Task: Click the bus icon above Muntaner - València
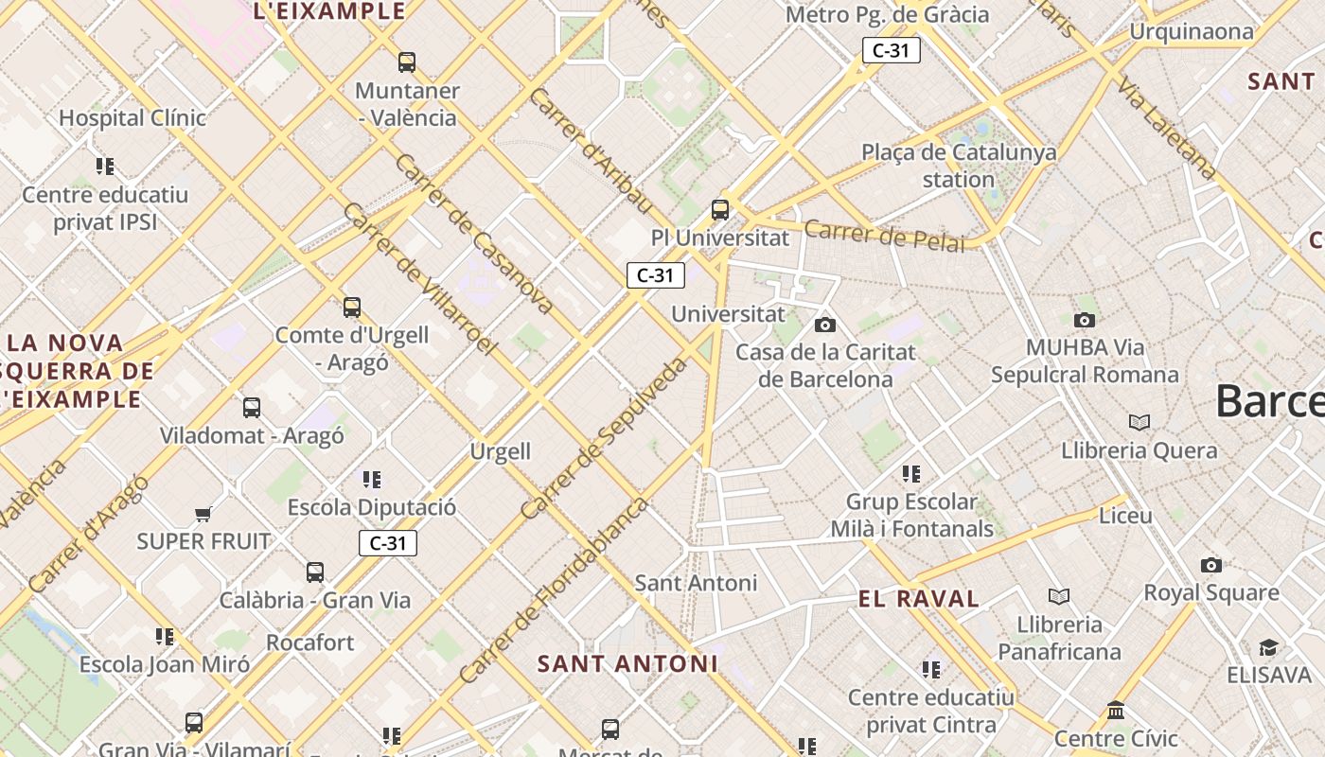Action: point(407,62)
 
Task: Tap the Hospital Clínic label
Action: point(132,118)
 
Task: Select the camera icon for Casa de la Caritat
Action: point(825,325)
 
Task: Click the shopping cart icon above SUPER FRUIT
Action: point(203,515)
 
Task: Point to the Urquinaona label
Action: point(1192,31)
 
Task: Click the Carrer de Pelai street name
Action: point(885,237)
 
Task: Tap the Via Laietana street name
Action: point(1166,129)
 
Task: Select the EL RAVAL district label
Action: point(918,598)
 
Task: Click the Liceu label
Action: point(1125,516)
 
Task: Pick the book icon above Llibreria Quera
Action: point(1139,422)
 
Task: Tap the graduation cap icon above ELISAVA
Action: point(1268,647)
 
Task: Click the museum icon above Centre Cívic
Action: point(1116,710)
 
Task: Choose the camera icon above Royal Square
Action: point(1210,565)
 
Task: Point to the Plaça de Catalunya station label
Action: point(959,166)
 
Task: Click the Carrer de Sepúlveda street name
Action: point(604,438)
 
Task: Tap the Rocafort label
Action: point(310,643)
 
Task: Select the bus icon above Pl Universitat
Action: point(720,210)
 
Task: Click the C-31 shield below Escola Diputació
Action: point(388,543)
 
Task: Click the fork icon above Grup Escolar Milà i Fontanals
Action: point(911,473)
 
